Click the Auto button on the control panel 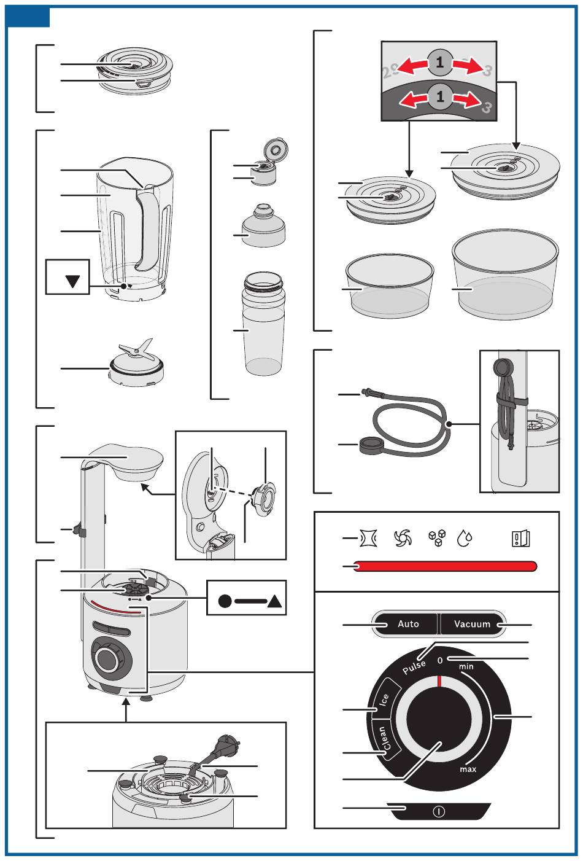pos(408,624)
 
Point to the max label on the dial pos(468,769)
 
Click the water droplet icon pos(465,539)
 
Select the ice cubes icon pos(436,539)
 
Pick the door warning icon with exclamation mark pos(520,539)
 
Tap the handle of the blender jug pos(147,227)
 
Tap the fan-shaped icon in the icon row pos(402,539)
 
